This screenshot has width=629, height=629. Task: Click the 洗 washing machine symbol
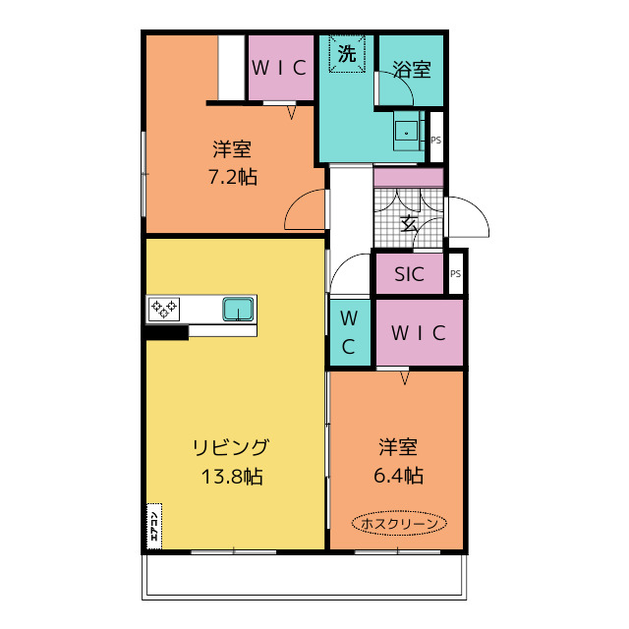click(347, 54)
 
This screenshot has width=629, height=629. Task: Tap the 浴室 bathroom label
click(412, 70)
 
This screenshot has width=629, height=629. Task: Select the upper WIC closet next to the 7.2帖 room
click(281, 68)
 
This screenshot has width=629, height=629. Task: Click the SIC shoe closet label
click(409, 274)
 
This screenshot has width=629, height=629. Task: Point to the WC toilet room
click(350, 332)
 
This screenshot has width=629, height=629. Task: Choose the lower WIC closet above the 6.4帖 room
click(420, 332)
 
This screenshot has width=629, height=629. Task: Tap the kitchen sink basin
click(238, 309)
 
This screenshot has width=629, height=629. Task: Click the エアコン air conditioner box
click(154, 526)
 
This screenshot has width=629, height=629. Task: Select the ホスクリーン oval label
click(399, 523)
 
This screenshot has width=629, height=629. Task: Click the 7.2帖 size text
click(233, 177)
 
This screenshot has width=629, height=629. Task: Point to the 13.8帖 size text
click(232, 477)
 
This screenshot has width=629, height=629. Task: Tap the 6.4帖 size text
click(398, 476)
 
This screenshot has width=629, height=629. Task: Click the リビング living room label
click(231, 447)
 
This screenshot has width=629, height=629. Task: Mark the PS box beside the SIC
click(455, 273)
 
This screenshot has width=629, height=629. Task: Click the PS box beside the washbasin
click(436, 138)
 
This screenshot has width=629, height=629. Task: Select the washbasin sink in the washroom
click(407, 131)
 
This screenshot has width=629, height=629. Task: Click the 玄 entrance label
click(409, 224)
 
